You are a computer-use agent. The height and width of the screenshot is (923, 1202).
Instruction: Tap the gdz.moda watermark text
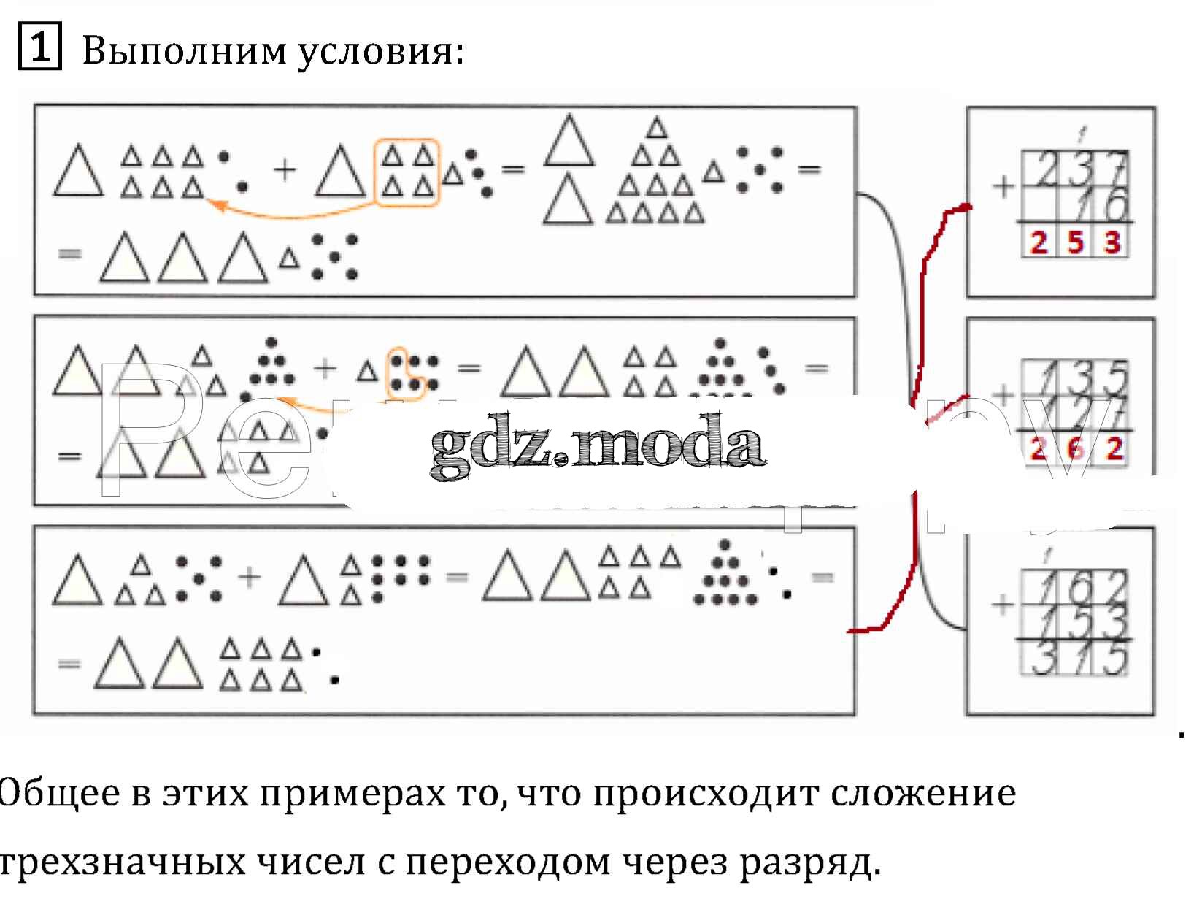(x=597, y=445)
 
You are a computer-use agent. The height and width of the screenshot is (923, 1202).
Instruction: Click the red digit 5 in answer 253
(x=1076, y=242)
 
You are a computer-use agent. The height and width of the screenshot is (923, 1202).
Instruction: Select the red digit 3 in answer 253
(x=1112, y=242)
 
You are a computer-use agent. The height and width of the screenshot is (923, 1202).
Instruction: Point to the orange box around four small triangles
(x=407, y=172)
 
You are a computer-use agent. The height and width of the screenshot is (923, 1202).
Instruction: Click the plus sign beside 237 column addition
(x=1004, y=187)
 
